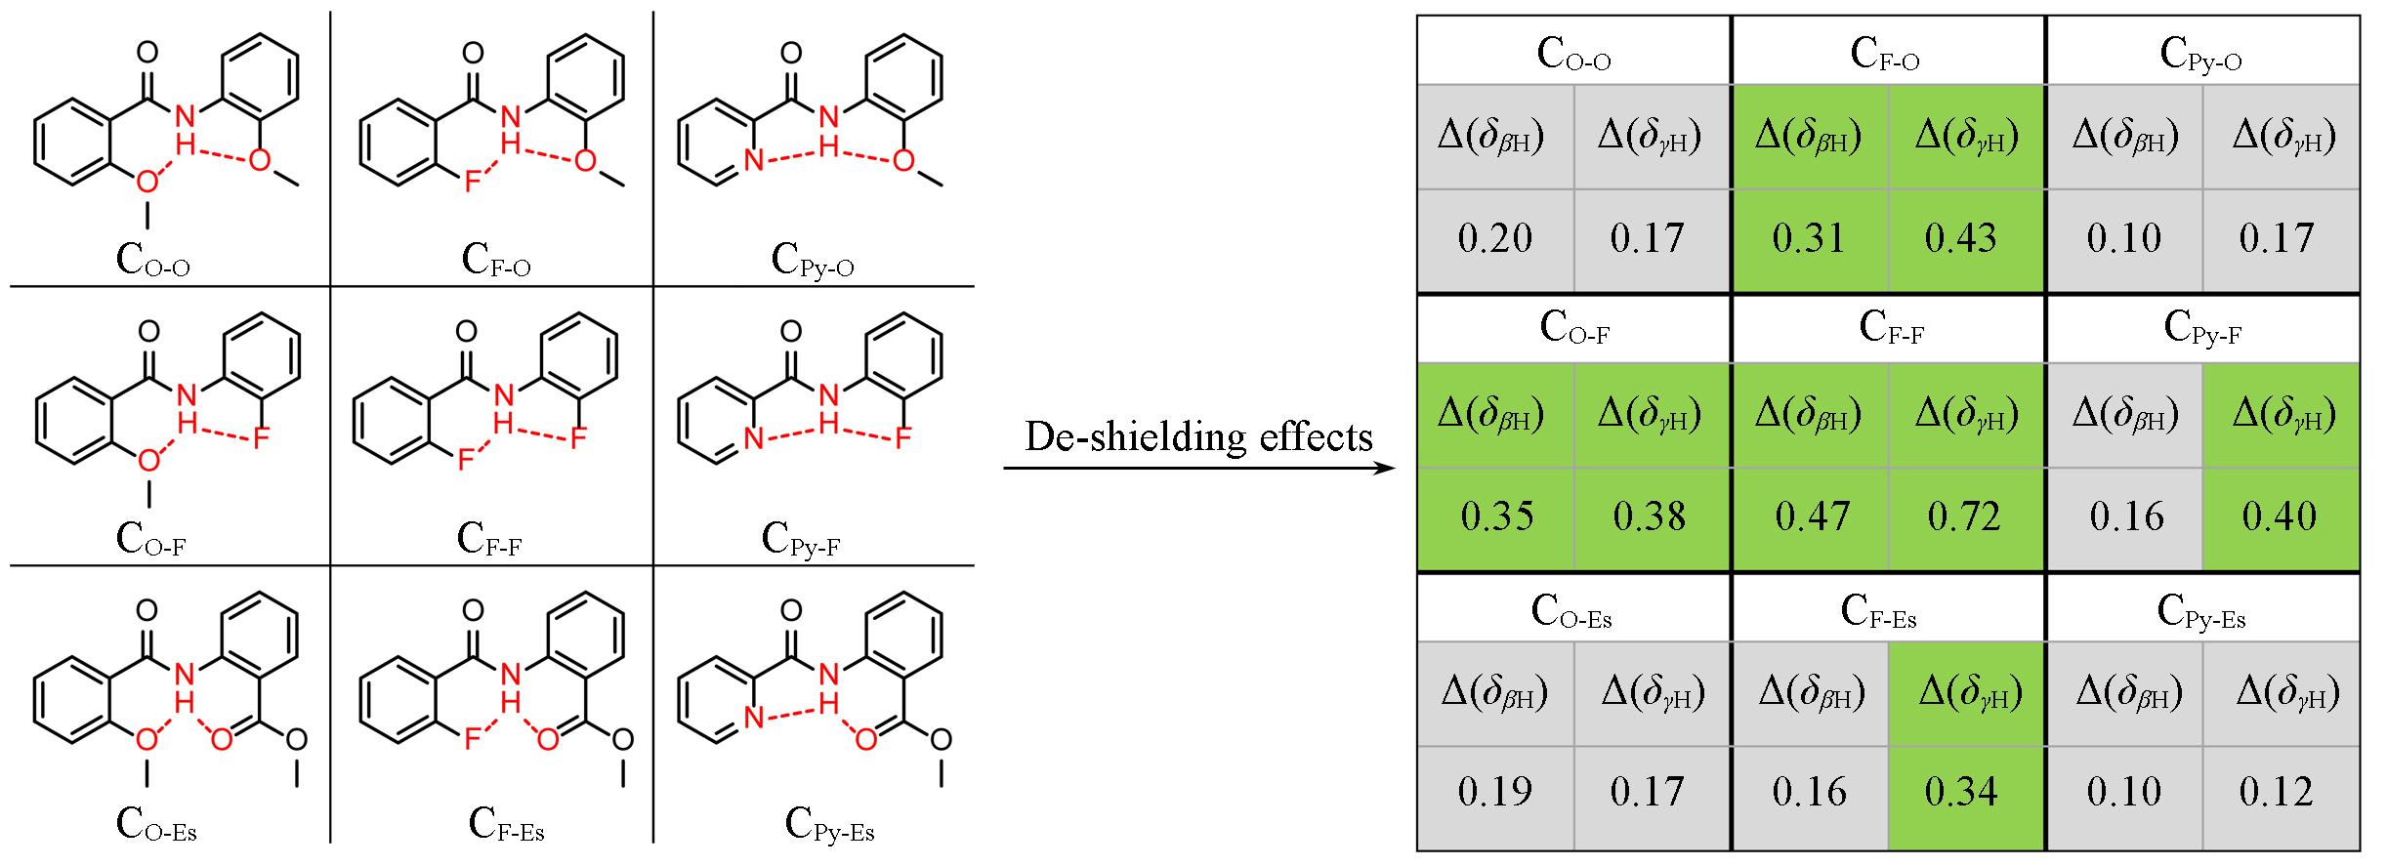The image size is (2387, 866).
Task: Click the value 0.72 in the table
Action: pos(1964,516)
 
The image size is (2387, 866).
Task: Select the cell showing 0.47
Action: pos(1812,516)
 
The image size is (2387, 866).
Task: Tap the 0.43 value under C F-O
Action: pos(1960,238)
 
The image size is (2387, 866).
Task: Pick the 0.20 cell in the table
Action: pos(1495,238)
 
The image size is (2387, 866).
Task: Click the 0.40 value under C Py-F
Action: pos(2279,516)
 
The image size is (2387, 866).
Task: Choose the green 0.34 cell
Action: pos(1960,792)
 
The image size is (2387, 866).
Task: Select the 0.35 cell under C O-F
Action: pos(1497,516)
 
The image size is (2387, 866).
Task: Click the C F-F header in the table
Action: pos(1891,328)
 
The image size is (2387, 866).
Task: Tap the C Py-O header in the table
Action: pos(2200,55)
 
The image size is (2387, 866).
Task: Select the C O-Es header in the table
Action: pos(1571,612)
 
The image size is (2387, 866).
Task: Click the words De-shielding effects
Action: pos(1198,436)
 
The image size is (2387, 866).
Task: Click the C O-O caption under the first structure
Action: pos(152,261)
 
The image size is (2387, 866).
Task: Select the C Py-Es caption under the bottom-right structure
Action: pos(829,825)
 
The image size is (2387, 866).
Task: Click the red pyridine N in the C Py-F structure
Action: pos(753,438)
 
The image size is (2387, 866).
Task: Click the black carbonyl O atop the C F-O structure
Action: pos(473,53)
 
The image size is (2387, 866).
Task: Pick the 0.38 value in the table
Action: pos(1650,516)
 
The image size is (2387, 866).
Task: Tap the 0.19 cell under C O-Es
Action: pos(1495,792)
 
